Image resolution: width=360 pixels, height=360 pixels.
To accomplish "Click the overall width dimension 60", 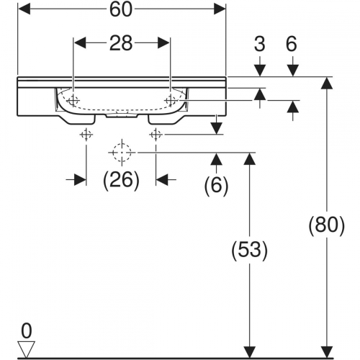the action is [x=121, y=10].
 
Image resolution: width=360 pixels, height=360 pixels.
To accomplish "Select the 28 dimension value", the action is [x=121, y=43].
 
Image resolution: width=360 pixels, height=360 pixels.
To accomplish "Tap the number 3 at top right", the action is [x=260, y=44].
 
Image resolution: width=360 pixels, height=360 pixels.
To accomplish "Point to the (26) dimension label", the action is [x=121, y=180].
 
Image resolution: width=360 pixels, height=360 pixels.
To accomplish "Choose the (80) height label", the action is [x=326, y=225].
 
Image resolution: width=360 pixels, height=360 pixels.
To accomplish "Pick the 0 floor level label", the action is [x=27, y=331].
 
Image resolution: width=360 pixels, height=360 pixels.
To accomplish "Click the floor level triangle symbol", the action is [x=27, y=349].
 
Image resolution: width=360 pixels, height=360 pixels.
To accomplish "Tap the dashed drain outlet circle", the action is [x=122, y=152].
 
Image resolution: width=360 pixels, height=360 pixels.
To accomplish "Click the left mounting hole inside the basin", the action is [x=73, y=100].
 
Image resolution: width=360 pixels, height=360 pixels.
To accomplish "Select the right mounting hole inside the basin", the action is [x=170, y=100].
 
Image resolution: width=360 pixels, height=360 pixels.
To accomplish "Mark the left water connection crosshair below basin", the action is [x=86, y=135].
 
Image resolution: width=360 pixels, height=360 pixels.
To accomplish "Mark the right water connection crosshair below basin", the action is [x=156, y=135].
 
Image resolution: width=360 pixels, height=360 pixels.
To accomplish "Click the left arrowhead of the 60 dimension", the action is [x=24, y=9].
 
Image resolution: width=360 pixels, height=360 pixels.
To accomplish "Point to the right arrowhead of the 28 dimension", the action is [x=163, y=43].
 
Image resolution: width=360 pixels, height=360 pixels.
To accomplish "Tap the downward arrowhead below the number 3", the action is [x=260, y=71].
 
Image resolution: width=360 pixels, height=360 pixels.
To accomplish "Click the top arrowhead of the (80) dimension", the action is [x=327, y=83].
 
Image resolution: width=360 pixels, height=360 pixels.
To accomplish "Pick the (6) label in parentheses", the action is [x=217, y=186].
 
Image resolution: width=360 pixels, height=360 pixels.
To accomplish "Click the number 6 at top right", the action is [x=292, y=44].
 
